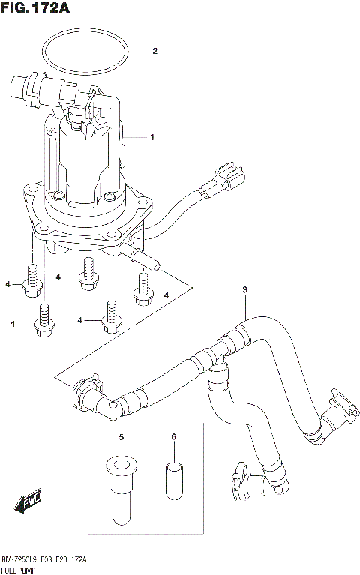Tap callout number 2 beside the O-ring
154,52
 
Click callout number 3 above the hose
244,290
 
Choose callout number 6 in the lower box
172,436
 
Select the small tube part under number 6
172,481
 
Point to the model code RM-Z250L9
21,559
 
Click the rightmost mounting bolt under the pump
143,289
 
